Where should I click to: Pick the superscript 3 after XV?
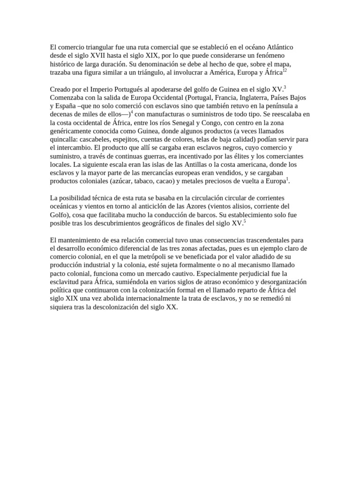tap(285, 87)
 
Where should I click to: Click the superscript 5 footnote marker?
tap(245, 221)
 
